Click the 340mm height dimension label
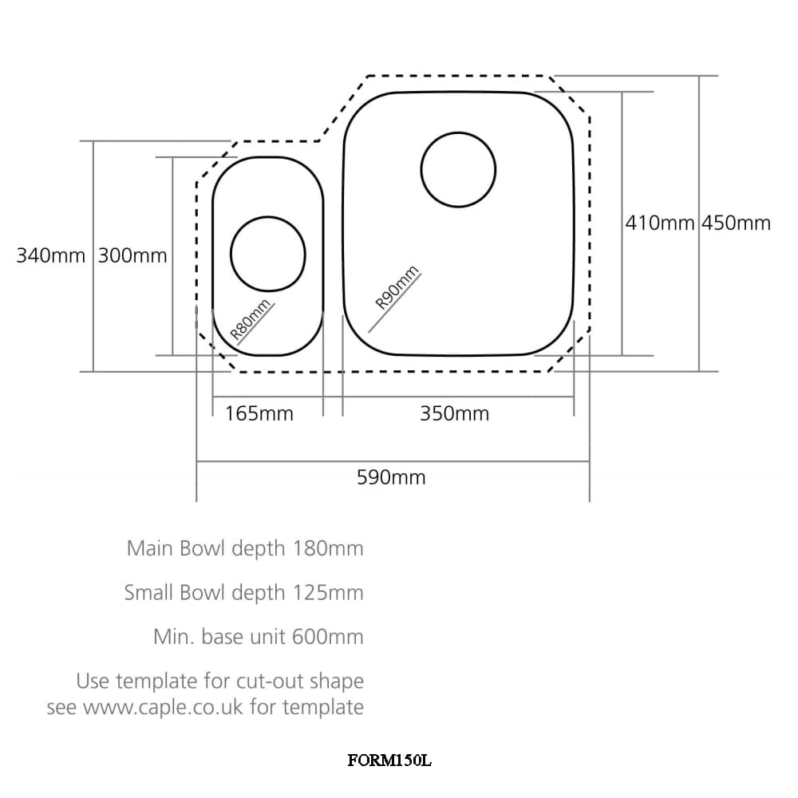50,256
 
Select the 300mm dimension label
132,256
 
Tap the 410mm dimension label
660,223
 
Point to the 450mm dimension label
737,223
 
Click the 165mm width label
259,413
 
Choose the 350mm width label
454,413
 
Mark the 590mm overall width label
391,477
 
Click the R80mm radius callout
251,322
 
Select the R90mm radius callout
397,288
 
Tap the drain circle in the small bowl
268,254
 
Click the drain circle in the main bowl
458,170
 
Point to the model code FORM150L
389,760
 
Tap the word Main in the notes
150,549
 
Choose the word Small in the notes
149,593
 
